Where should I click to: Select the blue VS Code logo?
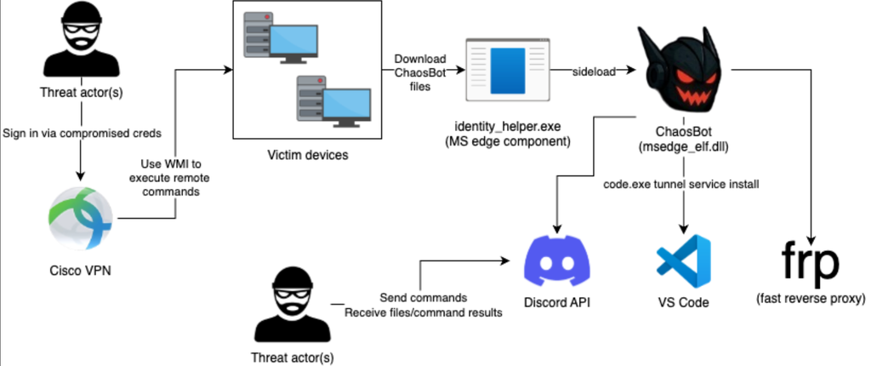point(683,262)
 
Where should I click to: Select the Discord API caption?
point(557,302)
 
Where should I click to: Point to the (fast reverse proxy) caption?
point(810,299)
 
